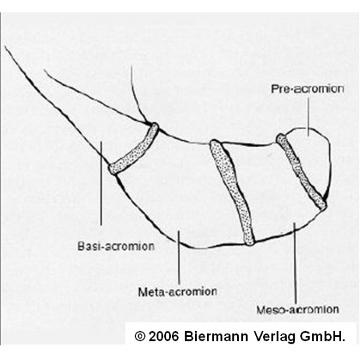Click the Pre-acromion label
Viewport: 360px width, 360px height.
(x=308, y=89)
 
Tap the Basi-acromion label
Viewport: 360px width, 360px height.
(x=116, y=246)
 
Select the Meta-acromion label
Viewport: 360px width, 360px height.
(x=177, y=292)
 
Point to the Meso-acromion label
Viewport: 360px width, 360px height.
(x=298, y=310)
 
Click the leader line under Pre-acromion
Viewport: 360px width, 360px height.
(x=308, y=117)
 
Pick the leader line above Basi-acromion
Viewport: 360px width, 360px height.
(x=101, y=183)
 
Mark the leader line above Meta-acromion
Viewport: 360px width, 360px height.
(x=179, y=257)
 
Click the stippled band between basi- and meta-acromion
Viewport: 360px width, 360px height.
(x=134, y=149)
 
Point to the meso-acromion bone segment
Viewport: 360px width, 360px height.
(x=271, y=189)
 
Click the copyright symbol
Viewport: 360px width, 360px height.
(x=140, y=336)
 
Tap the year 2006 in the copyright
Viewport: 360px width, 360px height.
(x=164, y=336)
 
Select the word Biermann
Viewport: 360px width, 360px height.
(x=216, y=336)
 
